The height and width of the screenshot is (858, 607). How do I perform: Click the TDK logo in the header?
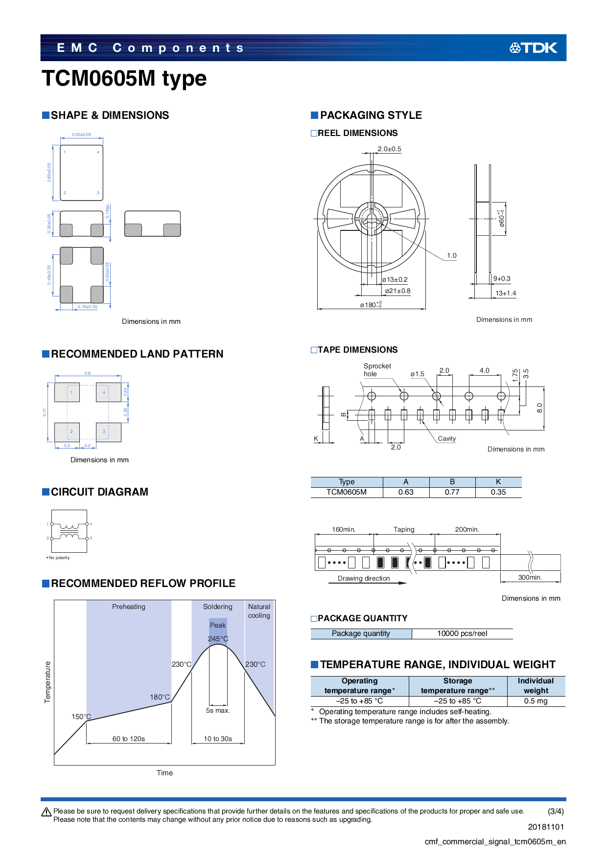point(533,48)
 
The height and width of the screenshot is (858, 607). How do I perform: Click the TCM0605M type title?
point(124,78)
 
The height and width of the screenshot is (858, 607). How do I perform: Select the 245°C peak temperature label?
point(218,639)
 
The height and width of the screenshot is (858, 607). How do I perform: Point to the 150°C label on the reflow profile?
point(81,717)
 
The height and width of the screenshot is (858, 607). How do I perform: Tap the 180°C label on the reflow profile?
point(160,697)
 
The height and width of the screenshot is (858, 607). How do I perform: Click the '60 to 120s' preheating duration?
point(129,739)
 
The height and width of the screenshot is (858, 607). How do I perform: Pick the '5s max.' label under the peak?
point(218,710)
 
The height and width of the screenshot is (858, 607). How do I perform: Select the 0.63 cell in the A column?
point(406,492)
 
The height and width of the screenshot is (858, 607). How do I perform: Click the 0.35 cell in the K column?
point(498,492)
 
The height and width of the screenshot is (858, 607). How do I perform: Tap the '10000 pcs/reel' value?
point(462,633)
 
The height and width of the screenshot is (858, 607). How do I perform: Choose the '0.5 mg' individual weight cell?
point(536,701)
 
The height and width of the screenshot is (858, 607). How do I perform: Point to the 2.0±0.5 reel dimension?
point(389,149)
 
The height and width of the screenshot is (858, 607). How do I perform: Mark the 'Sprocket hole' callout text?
point(377,370)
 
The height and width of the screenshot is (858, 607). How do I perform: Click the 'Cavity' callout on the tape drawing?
point(446,439)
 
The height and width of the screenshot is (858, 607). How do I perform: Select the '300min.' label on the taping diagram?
point(530,577)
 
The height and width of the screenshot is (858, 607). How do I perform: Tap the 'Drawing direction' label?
point(364,578)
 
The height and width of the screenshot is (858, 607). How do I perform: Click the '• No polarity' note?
point(58,558)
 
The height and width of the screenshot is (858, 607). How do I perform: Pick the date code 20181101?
point(546,827)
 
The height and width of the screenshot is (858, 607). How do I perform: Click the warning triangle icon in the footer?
point(47,812)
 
